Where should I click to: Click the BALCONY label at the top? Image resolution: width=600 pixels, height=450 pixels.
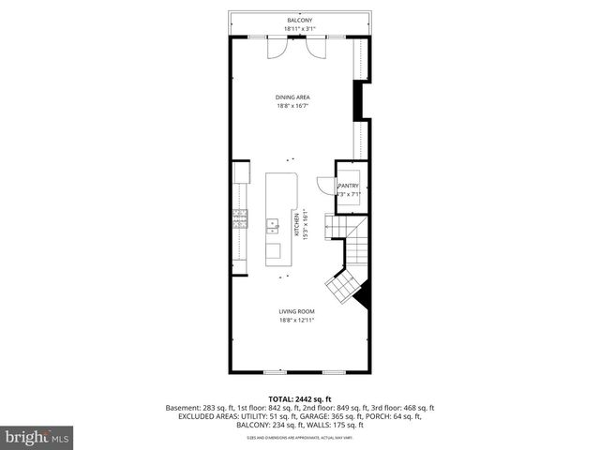(x=300, y=20)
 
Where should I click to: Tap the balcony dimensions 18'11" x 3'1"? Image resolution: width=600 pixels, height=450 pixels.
(x=300, y=29)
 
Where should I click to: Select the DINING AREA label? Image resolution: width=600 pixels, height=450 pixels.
(x=292, y=97)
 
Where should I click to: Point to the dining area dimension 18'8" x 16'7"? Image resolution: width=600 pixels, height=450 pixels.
(x=292, y=106)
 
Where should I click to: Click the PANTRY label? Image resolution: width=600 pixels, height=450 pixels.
(x=348, y=186)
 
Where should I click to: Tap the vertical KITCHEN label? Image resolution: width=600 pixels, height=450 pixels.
(x=295, y=226)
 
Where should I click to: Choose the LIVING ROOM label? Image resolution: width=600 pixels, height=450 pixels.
(x=295, y=311)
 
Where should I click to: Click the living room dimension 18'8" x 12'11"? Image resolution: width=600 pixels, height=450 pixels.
(x=295, y=321)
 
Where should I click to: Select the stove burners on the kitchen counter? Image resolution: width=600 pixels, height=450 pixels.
(x=240, y=218)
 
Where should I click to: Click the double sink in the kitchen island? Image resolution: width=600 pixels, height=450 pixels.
(x=273, y=225)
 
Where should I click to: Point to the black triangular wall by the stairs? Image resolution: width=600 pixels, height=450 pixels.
(x=364, y=297)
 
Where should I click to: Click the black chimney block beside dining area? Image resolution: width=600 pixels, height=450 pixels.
(x=358, y=100)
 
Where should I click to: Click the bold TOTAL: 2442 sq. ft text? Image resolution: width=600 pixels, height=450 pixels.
(x=300, y=399)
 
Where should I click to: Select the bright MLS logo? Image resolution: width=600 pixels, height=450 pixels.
(x=37, y=437)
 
